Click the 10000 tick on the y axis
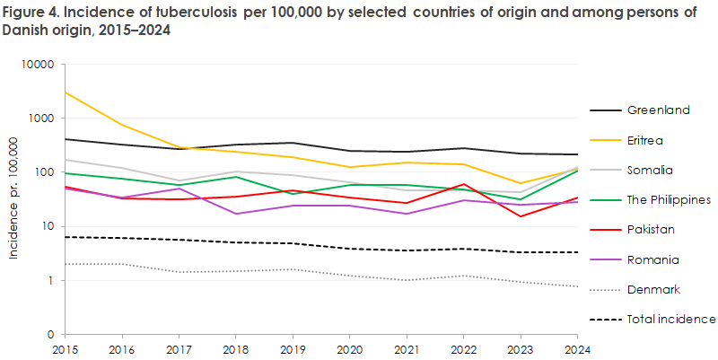pyautogui.click(x=39, y=66)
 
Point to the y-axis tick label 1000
pyautogui.click(x=42, y=119)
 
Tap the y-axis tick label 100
pyautogui.click(x=45, y=172)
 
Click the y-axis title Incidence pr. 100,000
pyautogui.click(x=13, y=198)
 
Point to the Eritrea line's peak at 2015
pyautogui.click(x=66, y=92)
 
